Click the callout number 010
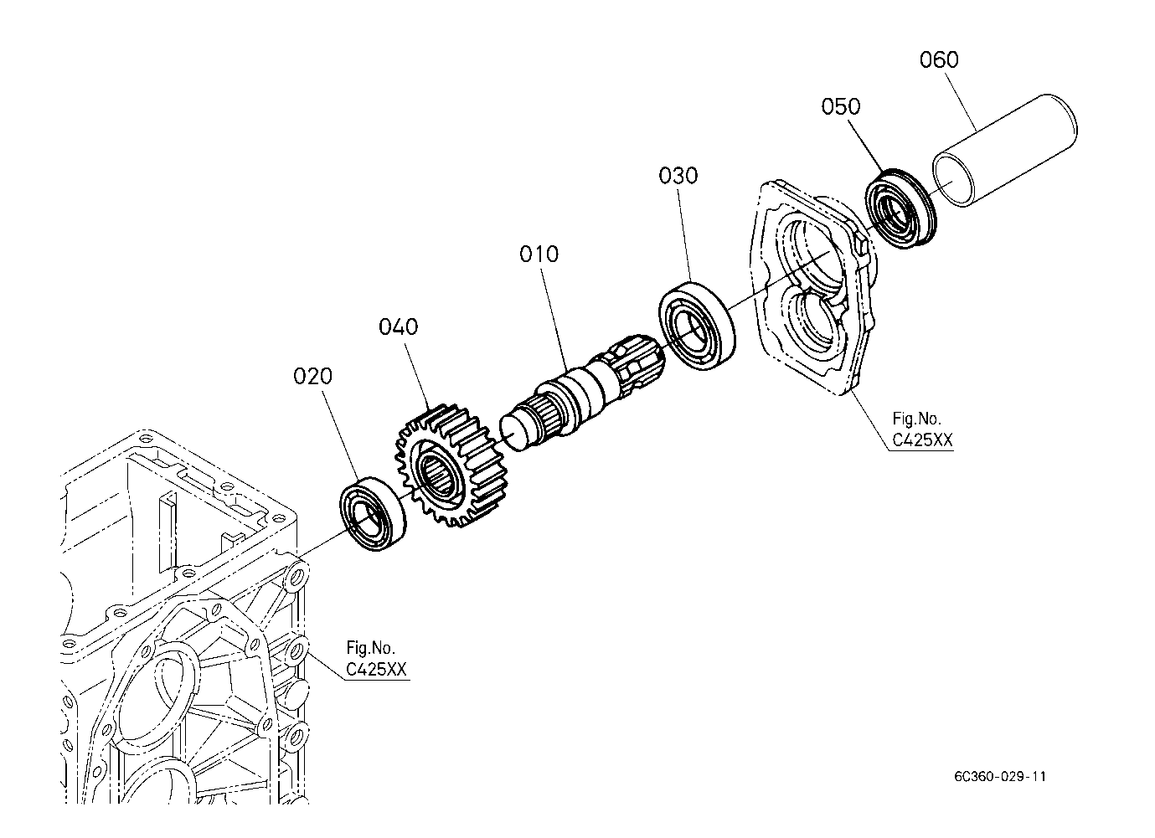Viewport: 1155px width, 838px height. pyautogui.click(x=539, y=254)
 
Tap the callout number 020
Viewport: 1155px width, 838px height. pyautogui.click(x=312, y=376)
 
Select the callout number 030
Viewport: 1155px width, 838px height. pyautogui.click(x=678, y=176)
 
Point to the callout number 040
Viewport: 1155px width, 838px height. pyautogui.click(x=398, y=326)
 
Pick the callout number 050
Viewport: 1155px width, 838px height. pyautogui.click(x=840, y=106)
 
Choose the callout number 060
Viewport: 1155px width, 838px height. pyautogui.click(x=939, y=60)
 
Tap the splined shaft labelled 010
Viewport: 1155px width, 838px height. pyautogui.click(x=586, y=385)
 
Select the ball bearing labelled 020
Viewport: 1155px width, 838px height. pyautogui.click(x=373, y=513)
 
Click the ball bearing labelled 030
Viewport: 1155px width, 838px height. pyautogui.click(x=697, y=327)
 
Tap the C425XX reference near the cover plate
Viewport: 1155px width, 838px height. pyautogui.click(x=920, y=440)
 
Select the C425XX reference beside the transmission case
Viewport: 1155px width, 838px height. pyautogui.click(x=377, y=670)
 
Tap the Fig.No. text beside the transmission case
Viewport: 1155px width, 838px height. pyautogui.click(x=371, y=648)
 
